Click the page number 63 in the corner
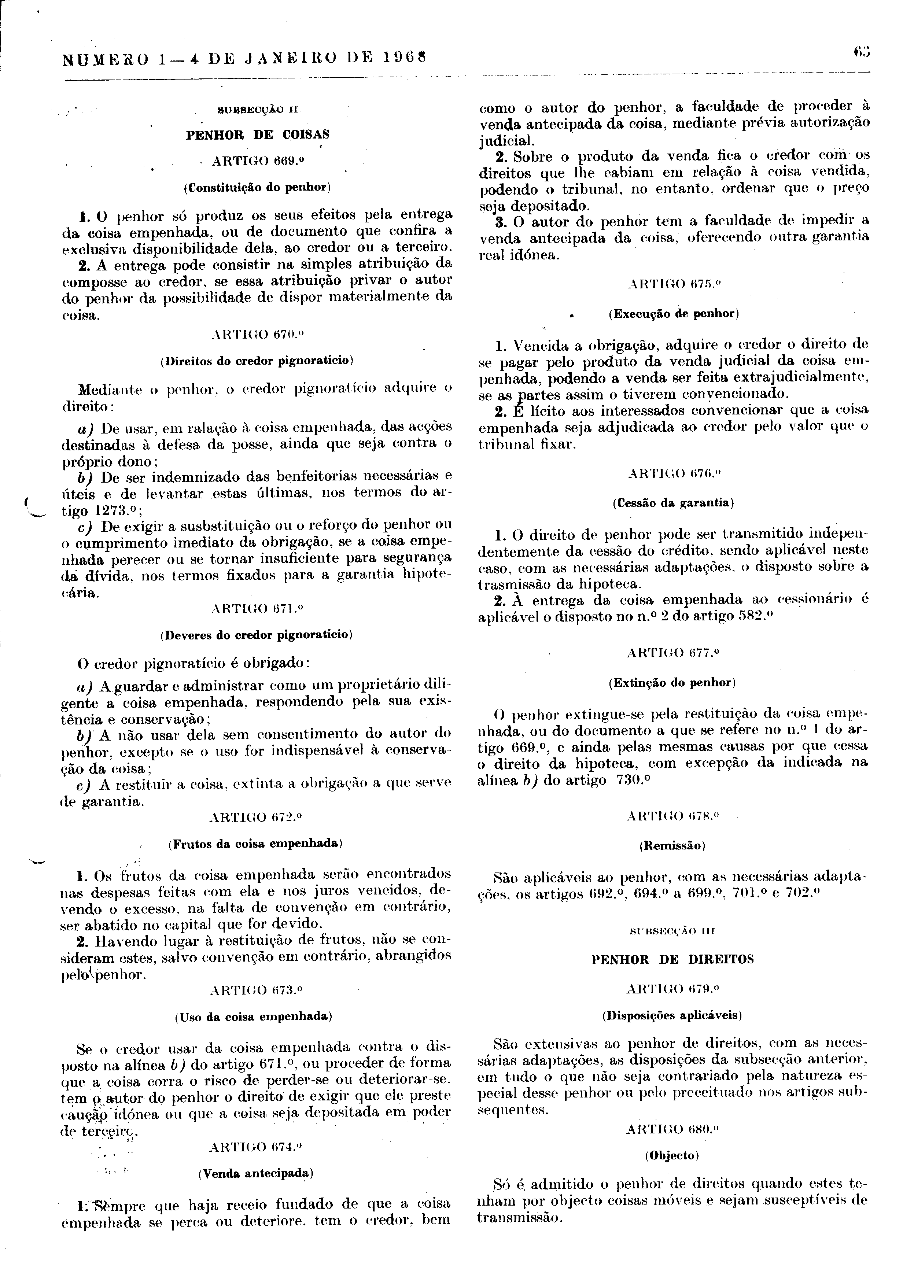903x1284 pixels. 862,53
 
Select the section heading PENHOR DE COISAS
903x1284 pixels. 258,135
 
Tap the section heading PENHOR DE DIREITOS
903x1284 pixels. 672,960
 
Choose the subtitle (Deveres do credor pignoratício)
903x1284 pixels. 257,635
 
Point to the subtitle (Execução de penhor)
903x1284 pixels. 674,313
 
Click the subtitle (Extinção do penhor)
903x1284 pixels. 672,682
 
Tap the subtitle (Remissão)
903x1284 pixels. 672,846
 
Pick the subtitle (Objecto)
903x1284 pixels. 672,1155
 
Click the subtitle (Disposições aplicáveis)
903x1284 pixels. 672,1015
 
